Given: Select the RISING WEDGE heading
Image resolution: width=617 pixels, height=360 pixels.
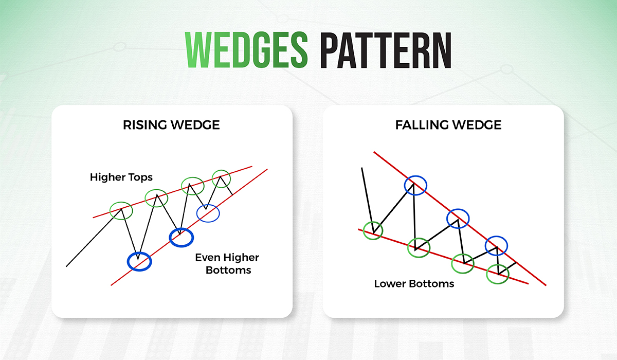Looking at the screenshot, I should click(172, 125).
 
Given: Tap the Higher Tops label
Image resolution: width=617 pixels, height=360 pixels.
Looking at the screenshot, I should click(121, 177).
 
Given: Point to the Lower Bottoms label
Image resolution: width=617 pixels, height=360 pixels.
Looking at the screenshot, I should click(414, 283).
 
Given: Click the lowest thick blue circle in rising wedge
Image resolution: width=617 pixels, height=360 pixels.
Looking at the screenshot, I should click(139, 261).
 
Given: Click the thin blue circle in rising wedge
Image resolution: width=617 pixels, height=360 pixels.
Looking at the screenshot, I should click(208, 213).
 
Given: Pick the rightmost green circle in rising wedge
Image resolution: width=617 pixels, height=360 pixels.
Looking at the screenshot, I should click(221, 177).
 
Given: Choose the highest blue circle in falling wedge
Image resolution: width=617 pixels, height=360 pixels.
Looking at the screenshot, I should click(415, 186).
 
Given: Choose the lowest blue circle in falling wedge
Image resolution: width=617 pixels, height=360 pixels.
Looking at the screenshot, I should click(496, 244).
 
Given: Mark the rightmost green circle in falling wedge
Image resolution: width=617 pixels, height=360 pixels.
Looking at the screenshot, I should click(498, 273).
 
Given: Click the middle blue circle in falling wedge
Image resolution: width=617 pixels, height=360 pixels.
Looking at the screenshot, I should click(458, 218).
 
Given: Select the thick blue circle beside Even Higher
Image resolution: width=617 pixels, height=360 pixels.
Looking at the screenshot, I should click(182, 237).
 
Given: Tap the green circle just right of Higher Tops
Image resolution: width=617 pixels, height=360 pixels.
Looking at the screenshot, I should click(156, 197).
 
